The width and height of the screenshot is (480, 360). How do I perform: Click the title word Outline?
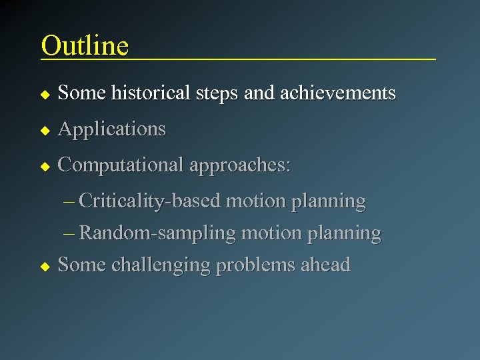85,45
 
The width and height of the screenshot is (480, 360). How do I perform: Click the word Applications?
111,129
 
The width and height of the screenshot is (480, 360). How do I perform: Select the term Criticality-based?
150,201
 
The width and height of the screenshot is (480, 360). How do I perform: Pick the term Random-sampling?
157,233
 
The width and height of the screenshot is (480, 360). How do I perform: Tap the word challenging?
159,265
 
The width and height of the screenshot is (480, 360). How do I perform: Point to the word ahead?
325,265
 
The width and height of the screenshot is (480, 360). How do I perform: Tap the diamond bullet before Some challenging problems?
45,266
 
